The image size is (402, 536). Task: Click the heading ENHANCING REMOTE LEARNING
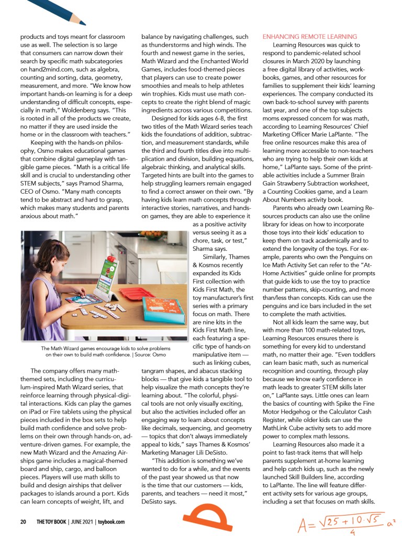point(309,37)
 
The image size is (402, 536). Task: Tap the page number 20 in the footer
point(23,522)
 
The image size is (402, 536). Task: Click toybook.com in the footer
point(111,522)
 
